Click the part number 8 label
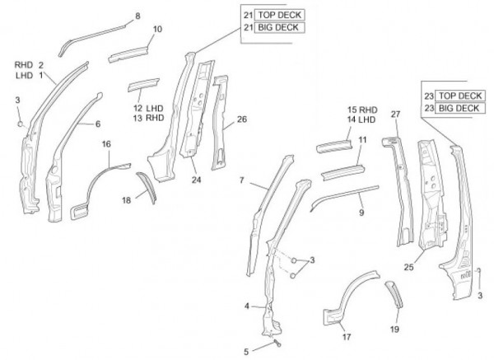[x=137, y=16]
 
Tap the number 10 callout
[x=156, y=30]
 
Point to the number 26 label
[x=241, y=119]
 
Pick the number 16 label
[x=105, y=144]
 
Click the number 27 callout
[x=395, y=114]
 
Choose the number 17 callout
[x=347, y=336]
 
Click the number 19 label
[x=394, y=328]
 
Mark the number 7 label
[x=241, y=180]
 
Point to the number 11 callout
[x=361, y=141]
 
